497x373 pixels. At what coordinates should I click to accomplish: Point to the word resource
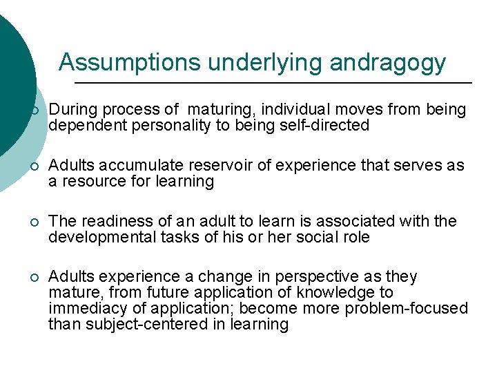tap(92, 182)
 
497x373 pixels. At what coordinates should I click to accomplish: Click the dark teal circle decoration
tap(12, 83)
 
